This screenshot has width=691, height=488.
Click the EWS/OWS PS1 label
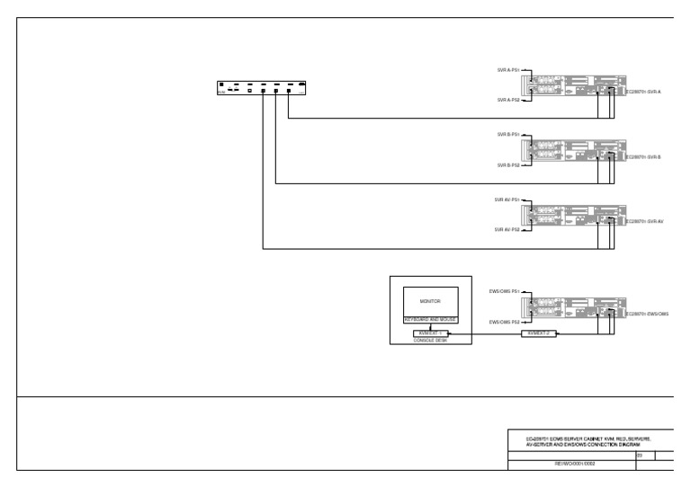pos(504,291)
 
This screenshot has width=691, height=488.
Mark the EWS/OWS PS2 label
pos(504,322)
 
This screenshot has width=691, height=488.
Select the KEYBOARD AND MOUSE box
pos(430,321)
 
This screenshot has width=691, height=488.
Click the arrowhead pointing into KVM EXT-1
pos(449,334)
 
